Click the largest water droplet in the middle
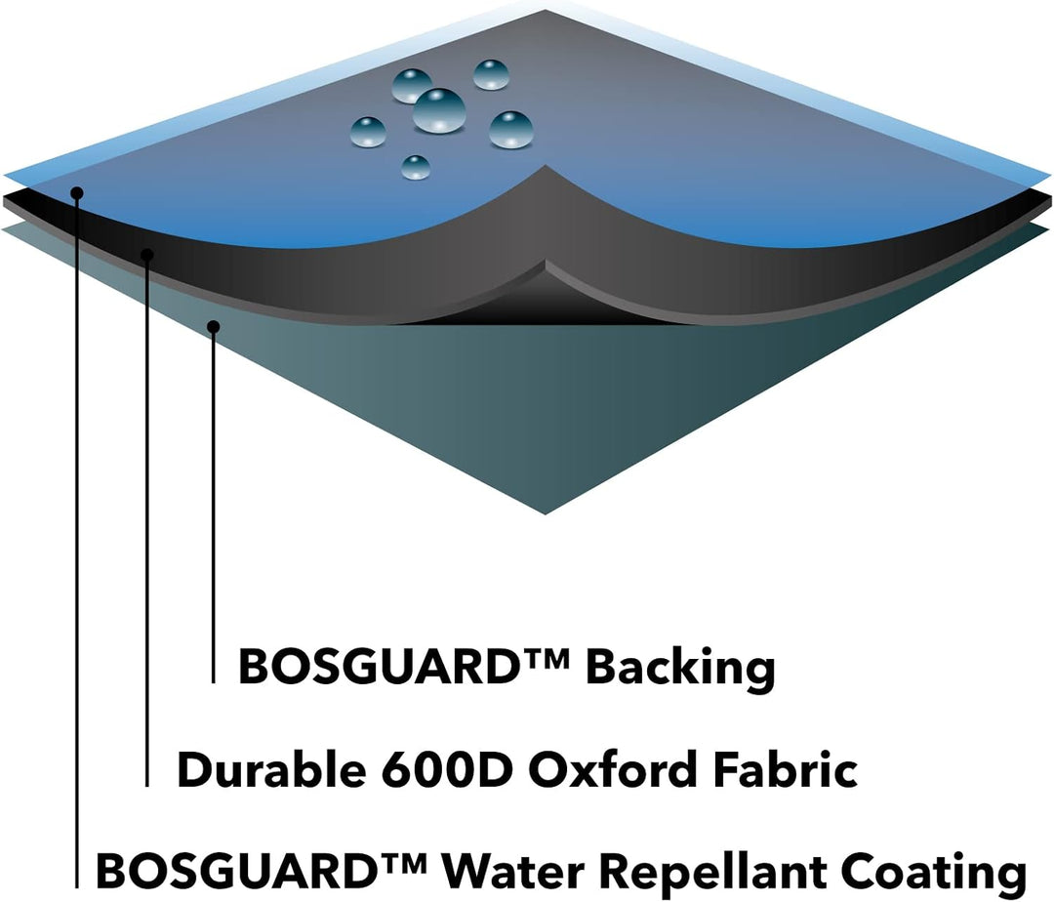(439, 110)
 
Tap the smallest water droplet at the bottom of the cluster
(416, 167)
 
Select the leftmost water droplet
(368, 132)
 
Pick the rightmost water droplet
(510, 130)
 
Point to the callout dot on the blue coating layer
(77, 193)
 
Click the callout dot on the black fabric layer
(147, 255)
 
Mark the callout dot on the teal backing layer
(214, 327)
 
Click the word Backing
(680, 669)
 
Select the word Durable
(272, 769)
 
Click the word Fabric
(785, 769)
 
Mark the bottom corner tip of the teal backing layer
(546, 514)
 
